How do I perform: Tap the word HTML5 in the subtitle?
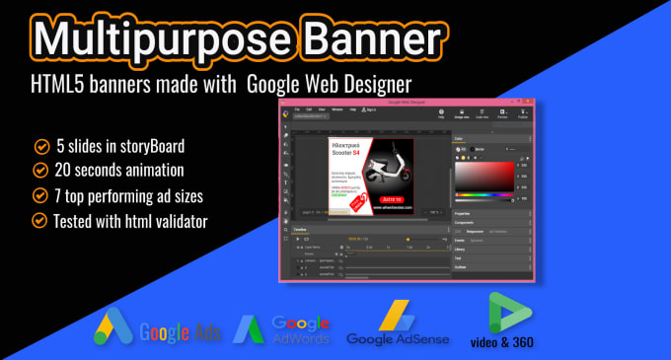[62, 87]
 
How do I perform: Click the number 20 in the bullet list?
[66, 170]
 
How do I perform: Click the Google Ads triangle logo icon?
[115, 326]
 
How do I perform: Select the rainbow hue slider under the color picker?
[485, 196]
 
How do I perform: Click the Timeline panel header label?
[300, 229]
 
